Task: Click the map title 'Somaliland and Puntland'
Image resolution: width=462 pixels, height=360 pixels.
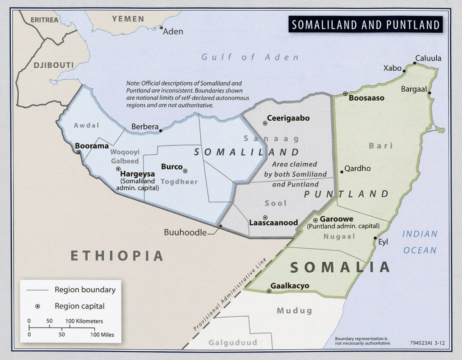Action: (x=365, y=24)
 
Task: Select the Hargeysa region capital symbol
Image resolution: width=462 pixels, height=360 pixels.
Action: (x=118, y=169)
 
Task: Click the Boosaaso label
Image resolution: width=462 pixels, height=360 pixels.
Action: (x=366, y=98)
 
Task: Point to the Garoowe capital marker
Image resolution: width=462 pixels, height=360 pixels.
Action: (x=315, y=220)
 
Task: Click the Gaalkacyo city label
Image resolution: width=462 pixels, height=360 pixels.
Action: (x=290, y=286)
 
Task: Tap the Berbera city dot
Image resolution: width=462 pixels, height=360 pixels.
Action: (x=161, y=130)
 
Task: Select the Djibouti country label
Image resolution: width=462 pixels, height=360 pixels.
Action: (x=53, y=65)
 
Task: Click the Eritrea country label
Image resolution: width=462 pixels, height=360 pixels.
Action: (x=45, y=20)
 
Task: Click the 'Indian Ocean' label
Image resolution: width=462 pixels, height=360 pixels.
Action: (x=420, y=242)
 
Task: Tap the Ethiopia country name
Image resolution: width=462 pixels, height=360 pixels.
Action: (x=117, y=255)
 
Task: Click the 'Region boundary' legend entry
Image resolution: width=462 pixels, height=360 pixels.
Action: (x=85, y=290)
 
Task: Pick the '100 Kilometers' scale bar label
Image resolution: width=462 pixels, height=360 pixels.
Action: (x=84, y=321)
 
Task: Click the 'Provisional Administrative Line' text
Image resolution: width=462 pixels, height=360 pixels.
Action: (x=230, y=294)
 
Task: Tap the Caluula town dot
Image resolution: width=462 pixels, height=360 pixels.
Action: (x=414, y=64)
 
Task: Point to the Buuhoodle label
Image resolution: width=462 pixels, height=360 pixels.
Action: (x=185, y=232)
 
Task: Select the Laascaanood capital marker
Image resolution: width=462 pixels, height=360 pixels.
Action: (x=265, y=217)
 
